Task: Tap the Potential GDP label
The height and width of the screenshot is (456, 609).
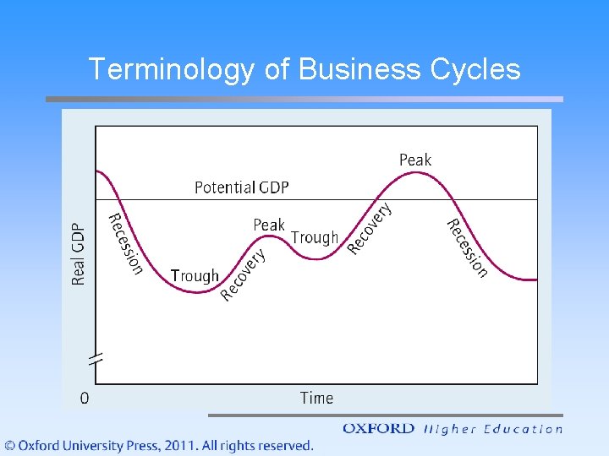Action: pos(241,187)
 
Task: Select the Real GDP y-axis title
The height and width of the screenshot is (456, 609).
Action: pos(79,253)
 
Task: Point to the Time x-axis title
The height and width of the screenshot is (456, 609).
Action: pos(316,398)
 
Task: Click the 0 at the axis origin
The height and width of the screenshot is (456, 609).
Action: pos(85,398)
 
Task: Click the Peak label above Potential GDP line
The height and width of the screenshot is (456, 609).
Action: pos(414,160)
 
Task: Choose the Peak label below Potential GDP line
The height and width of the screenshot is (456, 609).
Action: pos(269,225)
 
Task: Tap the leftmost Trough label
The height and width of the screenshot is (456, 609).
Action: pos(194,275)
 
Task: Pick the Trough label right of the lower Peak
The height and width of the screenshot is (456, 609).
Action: pos(314,238)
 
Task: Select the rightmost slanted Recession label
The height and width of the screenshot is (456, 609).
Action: pos(468,247)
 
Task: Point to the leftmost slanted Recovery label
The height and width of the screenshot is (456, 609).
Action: pos(244,274)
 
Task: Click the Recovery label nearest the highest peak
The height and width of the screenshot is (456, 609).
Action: pos(370,227)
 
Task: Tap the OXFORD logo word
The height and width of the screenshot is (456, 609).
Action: pos(378,429)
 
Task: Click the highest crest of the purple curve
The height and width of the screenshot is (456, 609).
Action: pos(414,172)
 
